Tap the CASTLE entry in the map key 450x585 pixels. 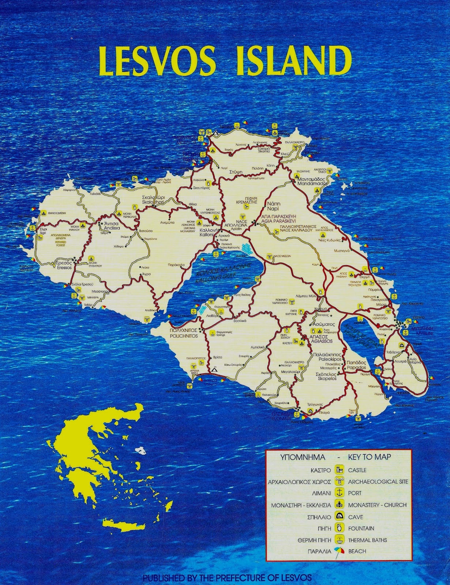point(357,470)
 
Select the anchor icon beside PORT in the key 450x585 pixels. point(340,493)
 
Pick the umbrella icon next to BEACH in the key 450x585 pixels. point(340,551)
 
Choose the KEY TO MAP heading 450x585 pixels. point(370,457)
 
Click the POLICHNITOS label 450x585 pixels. point(183,336)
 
